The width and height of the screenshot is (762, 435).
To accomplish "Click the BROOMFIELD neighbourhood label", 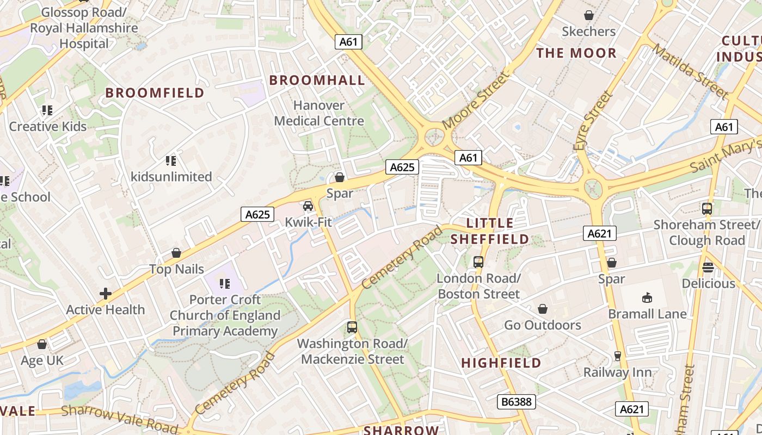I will point(155,93).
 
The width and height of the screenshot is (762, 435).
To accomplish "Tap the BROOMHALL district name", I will point(317,80).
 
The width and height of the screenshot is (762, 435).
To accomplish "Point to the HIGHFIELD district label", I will point(501,363).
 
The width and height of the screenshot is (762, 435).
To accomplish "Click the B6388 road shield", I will point(517,402).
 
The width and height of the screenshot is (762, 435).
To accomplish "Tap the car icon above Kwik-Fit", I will point(308,206).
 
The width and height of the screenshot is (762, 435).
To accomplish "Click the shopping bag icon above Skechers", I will point(588,15).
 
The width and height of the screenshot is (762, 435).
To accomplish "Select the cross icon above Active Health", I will point(106,294).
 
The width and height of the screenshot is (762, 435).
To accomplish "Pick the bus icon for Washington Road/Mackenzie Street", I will point(352,327).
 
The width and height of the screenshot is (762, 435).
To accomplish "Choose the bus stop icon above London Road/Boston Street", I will point(478,262).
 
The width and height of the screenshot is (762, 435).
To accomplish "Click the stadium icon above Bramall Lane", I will point(647,297).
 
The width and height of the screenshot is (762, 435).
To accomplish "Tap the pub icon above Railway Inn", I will point(617,356).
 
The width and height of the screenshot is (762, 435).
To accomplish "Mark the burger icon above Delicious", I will point(708,267).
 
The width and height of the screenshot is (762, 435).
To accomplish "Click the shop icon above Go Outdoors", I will point(543,309).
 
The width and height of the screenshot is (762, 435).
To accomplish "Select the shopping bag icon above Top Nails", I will point(176,253).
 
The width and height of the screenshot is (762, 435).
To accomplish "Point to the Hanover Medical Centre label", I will point(319,113).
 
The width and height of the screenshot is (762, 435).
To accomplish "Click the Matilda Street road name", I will point(690,72).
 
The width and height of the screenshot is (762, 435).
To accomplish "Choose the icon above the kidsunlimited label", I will point(171,161).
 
